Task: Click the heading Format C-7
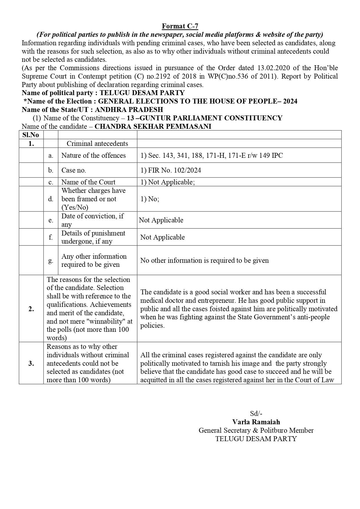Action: point(180,26)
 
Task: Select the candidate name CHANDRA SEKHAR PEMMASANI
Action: point(153,126)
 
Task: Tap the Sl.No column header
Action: point(31,135)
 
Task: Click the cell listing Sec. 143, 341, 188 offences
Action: point(211,155)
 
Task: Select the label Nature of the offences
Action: point(93,155)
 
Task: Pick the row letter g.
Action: point(51,260)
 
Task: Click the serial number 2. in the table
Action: point(31,309)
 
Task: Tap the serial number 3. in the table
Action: point(31,363)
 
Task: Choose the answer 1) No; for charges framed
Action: point(150,199)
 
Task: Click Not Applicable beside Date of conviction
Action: point(161,220)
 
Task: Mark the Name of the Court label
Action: point(88,182)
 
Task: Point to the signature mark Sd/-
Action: point(256,414)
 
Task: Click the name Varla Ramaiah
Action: point(256,422)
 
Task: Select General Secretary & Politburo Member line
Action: point(256,430)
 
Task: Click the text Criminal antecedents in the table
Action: point(97,144)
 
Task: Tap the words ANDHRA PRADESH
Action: point(129,110)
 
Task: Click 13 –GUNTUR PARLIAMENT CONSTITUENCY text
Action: point(205,118)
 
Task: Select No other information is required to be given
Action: point(204,260)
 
